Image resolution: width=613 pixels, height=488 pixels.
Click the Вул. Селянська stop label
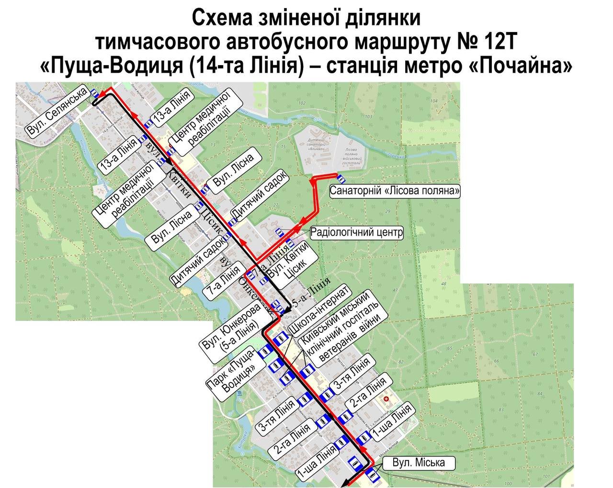[x=57, y=113]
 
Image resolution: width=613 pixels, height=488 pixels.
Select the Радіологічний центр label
[x=357, y=233]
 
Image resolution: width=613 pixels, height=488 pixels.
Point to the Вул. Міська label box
[x=418, y=463]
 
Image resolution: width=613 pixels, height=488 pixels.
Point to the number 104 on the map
[x=434, y=101]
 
